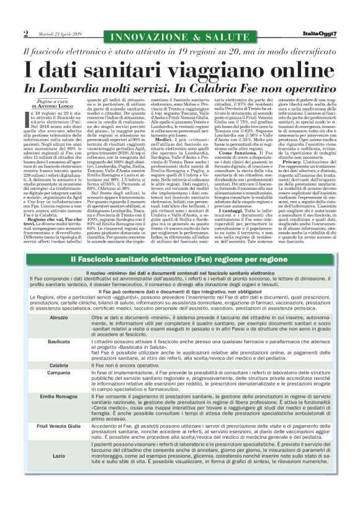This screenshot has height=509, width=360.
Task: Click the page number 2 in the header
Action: pyautogui.click(x=25, y=33)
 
